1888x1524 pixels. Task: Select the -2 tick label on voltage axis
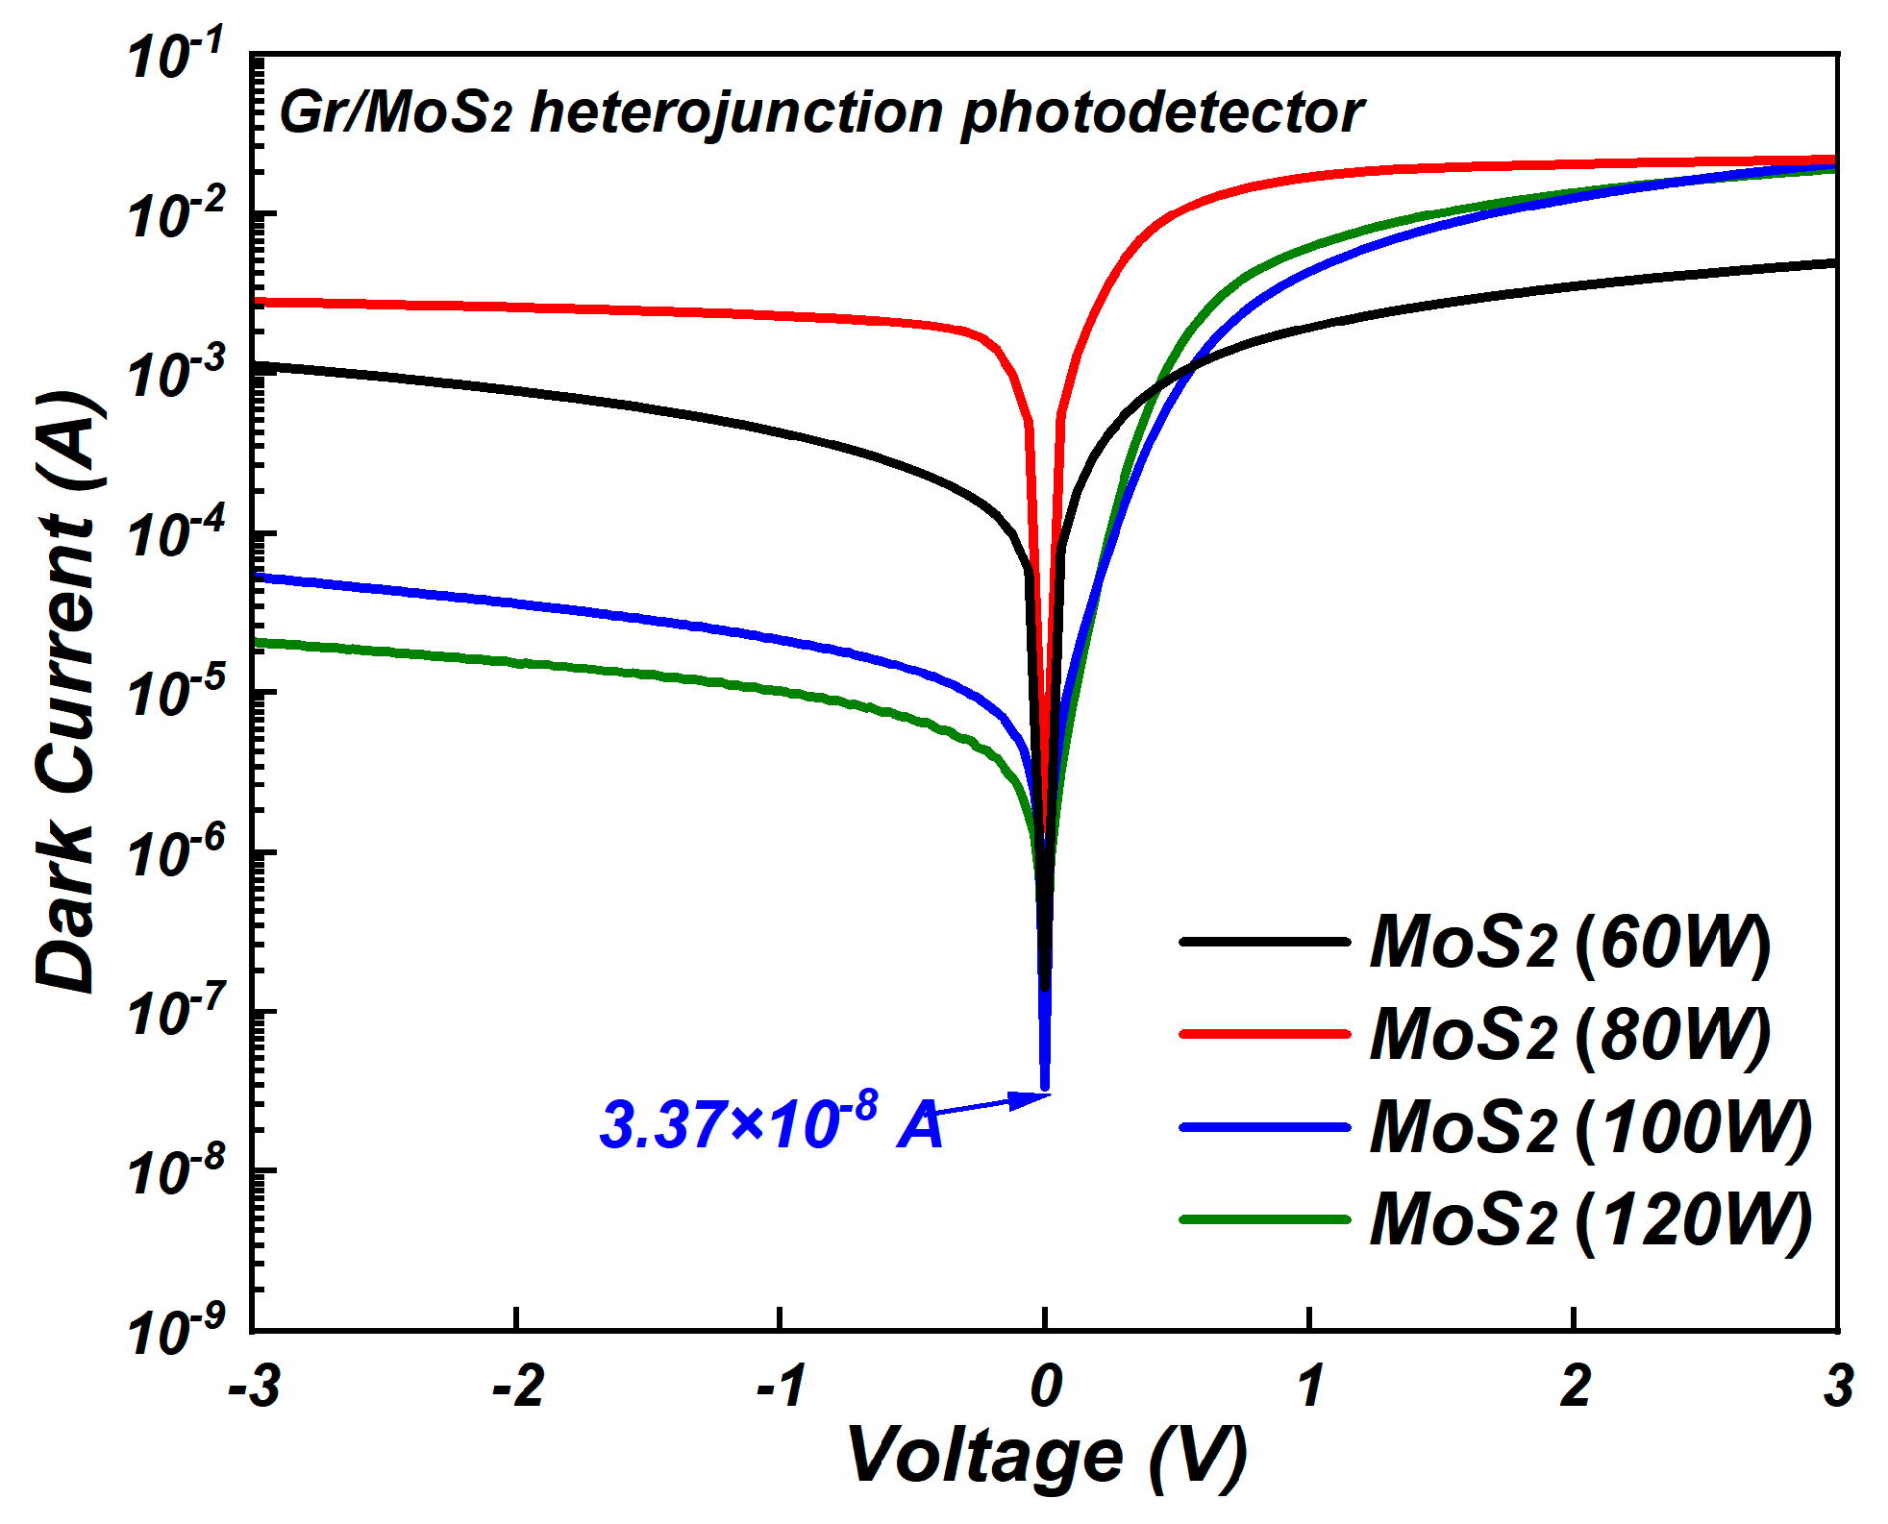[x=518, y=1387]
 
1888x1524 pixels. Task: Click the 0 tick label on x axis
[x=1046, y=1387]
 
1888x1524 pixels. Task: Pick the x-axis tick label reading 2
[x=1575, y=1387]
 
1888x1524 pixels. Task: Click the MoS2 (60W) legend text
[x=1570, y=944]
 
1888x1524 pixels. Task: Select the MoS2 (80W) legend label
[x=1570, y=1036]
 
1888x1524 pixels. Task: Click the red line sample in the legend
[x=1265, y=1034]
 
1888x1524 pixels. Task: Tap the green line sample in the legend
[x=1265, y=1219]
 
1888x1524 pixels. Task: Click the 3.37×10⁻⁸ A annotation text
[x=769, y=1124]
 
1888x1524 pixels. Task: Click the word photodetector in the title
[x=1161, y=113]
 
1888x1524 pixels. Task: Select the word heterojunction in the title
[x=735, y=113]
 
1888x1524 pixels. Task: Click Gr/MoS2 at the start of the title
[x=394, y=113]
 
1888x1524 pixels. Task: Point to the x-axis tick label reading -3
[x=254, y=1387]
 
